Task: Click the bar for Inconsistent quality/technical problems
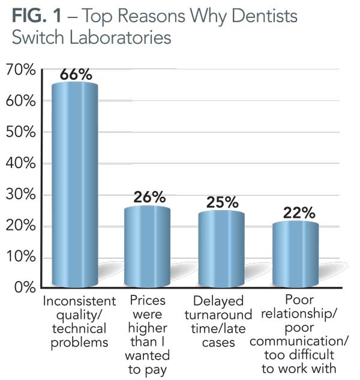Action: (x=75, y=186)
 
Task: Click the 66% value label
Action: (x=76, y=74)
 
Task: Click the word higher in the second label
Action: (x=146, y=328)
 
